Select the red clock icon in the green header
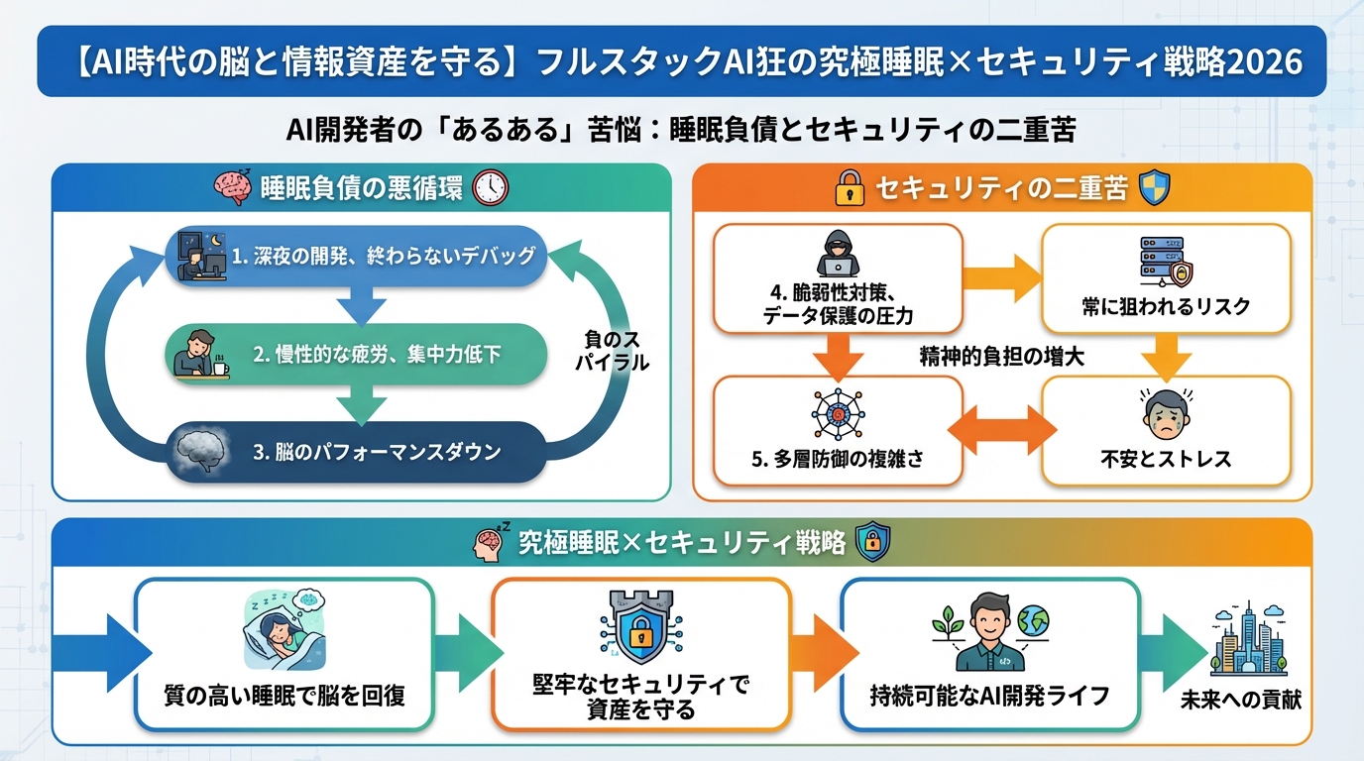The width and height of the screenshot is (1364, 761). tap(490, 188)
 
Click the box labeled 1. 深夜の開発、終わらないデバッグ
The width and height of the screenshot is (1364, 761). tap(355, 256)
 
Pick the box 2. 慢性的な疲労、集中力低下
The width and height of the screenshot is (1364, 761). tap(355, 355)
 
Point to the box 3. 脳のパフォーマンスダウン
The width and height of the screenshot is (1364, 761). tap(355, 452)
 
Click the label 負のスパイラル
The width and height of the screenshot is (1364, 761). tap(612, 352)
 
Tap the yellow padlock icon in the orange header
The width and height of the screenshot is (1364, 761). tap(850, 189)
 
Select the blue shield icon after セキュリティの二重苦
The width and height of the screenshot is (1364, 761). tap(1155, 188)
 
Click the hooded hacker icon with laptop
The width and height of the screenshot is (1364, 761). tap(838, 256)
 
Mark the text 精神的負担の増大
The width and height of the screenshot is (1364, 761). tap(1001, 358)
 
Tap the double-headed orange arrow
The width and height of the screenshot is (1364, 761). tap(1002, 431)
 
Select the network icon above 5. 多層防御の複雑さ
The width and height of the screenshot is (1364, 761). tap(838, 414)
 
